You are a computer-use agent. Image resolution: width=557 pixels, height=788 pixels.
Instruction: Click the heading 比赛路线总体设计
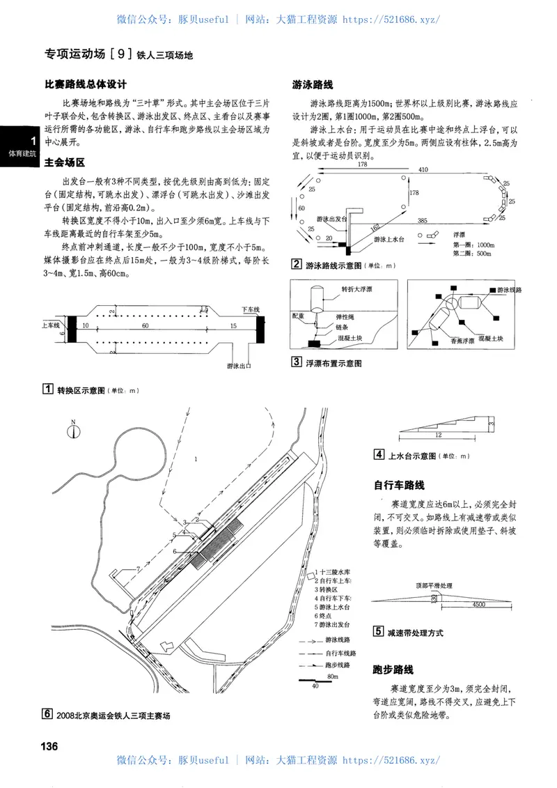[85, 84]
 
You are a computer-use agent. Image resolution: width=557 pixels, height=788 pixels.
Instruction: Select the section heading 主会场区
[64, 162]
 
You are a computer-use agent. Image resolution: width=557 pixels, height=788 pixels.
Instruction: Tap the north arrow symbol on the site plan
[72, 431]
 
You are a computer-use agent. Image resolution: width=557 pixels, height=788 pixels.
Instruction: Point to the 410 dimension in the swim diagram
[423, 169]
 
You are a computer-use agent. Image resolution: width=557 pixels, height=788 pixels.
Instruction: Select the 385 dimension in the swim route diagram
[422, 220]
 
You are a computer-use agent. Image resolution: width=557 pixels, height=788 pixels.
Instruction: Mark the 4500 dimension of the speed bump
[478, 605]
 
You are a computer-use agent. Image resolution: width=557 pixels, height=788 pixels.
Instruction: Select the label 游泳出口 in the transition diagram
[238, 364]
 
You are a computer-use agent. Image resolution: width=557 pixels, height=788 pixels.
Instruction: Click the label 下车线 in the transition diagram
[250, 308]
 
